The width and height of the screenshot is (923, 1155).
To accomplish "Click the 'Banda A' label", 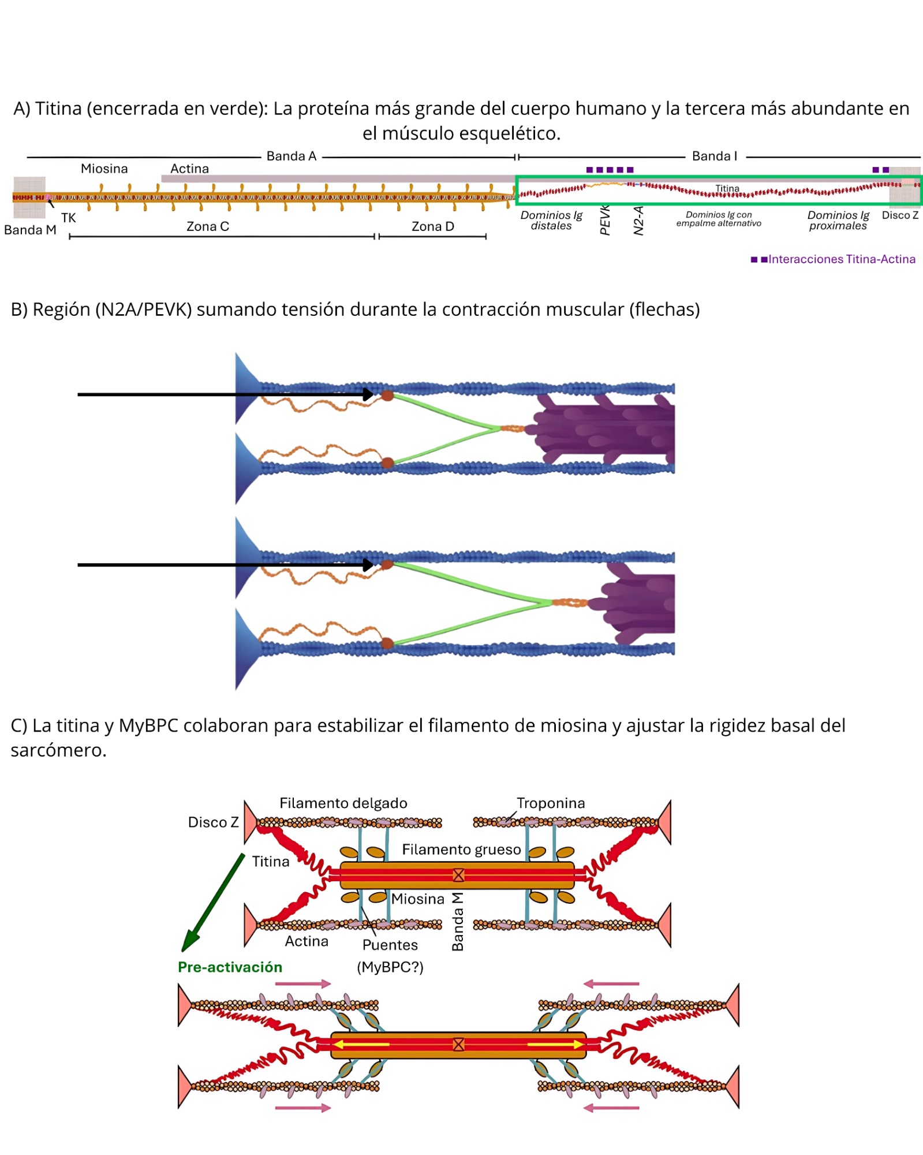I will (x=291, y=156).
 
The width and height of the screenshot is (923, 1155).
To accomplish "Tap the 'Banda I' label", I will (x=714, y=156).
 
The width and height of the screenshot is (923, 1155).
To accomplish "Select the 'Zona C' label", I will (x=208, y=226).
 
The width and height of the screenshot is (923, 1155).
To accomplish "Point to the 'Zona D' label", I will (x=432, y=226).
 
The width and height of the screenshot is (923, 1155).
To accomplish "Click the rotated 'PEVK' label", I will (x=604, y=219).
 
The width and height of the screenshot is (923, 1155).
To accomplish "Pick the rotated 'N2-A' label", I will (x=638, y=221).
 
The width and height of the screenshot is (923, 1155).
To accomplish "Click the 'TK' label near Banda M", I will (x=68, y=218).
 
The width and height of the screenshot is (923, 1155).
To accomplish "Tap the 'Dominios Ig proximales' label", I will (x=838, y=220).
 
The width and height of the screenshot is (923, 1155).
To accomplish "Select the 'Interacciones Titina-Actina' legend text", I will (x=841, y=259).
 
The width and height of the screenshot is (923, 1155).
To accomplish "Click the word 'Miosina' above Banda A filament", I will (x=104, y=169).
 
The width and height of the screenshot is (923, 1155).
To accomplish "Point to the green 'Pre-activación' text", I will (x=230, y=967).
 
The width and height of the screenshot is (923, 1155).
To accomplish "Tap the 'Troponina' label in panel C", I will (x=550, y=803).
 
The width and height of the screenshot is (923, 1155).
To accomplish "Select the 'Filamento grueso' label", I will (x=461, y=850).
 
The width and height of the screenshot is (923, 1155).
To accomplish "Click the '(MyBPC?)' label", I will (x=390, y=967).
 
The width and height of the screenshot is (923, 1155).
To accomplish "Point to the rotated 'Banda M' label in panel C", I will (x=457, y=922).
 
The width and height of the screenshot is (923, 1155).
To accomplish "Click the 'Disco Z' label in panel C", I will (x=213, y=822).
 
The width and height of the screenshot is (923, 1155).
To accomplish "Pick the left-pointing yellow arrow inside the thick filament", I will (x=361, y=1044).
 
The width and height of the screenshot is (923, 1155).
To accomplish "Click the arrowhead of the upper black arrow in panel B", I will (x=368, y=394).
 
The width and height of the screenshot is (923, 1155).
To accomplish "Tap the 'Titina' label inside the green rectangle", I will (x=727, y=188).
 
